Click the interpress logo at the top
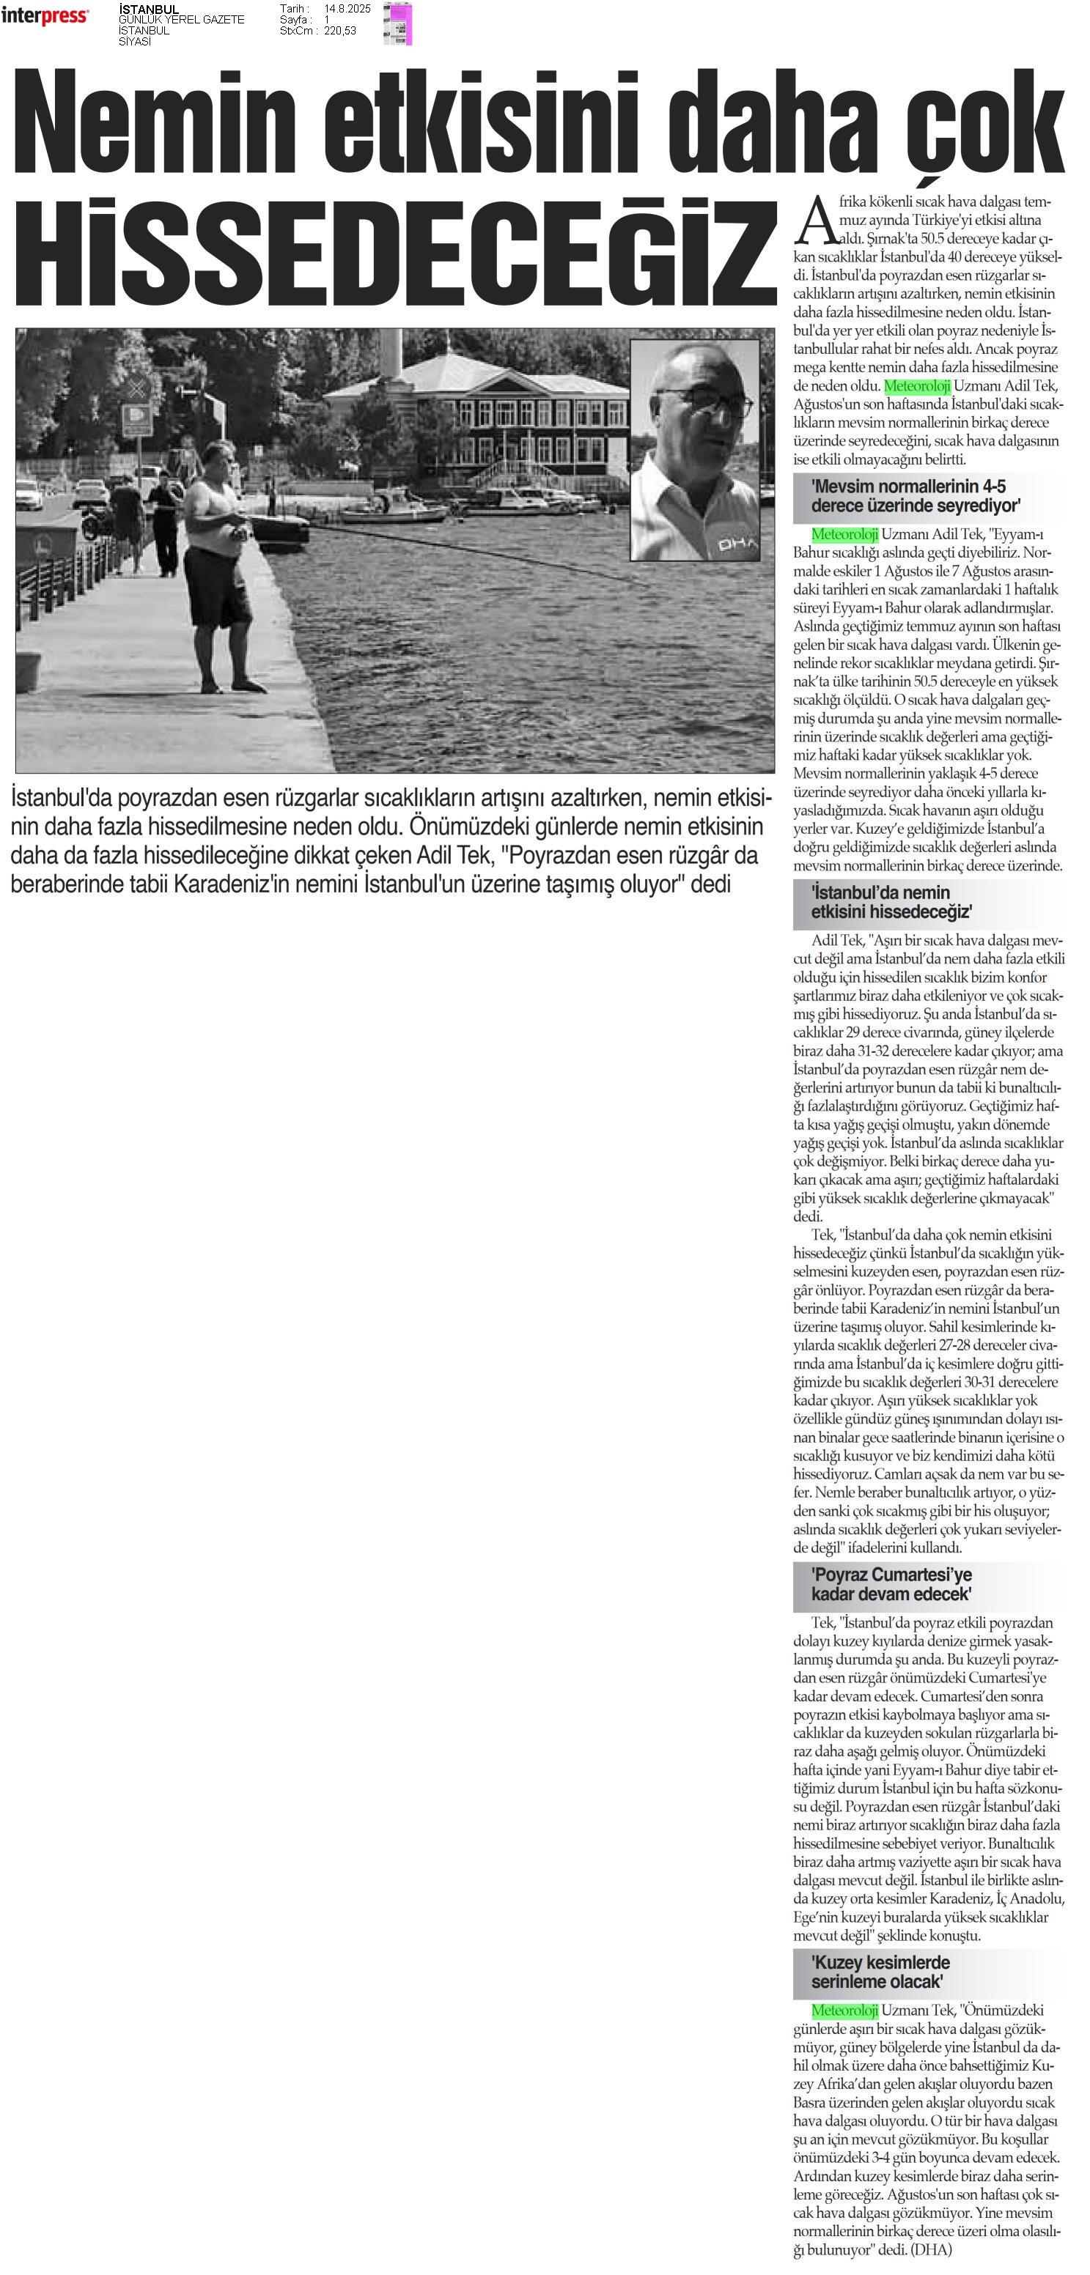coord(44,17)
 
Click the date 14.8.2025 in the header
coord(347,9)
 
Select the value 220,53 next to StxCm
coord(340,31)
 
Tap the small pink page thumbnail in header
coord(398,24)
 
